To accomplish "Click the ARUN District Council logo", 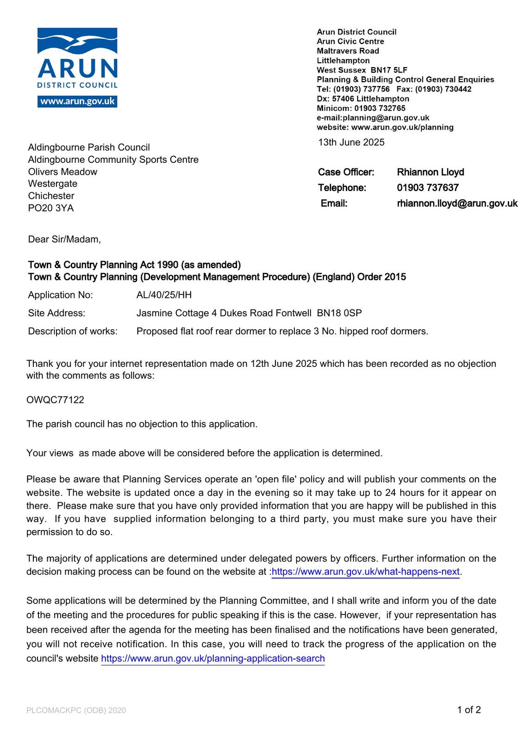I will (x=77, y=59).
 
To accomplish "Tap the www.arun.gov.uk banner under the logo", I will (x=77, y=101).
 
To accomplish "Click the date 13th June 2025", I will (x=351, y=142).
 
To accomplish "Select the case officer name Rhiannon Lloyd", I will (x=430, y=172).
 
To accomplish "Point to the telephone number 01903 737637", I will (x=427, y=188).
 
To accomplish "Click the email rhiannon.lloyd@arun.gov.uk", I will (x=457, y=203).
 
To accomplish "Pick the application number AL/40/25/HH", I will (x=164, y=295).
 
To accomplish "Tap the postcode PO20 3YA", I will (x=51, y=208).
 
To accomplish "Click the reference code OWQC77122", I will (x=55, y=400).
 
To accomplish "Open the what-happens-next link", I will (x=366, y=572).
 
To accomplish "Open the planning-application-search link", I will (x=213, y=659).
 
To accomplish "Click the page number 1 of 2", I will (x=469, y=710).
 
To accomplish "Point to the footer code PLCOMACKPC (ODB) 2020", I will (x=76, y=710).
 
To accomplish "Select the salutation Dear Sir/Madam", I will (x=64, y=240).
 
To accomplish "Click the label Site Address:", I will (x=56, y=313).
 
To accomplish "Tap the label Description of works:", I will (x=73, y=331).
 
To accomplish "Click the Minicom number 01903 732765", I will (x=380, y=108).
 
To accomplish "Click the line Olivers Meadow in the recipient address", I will (x=62, y=172).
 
